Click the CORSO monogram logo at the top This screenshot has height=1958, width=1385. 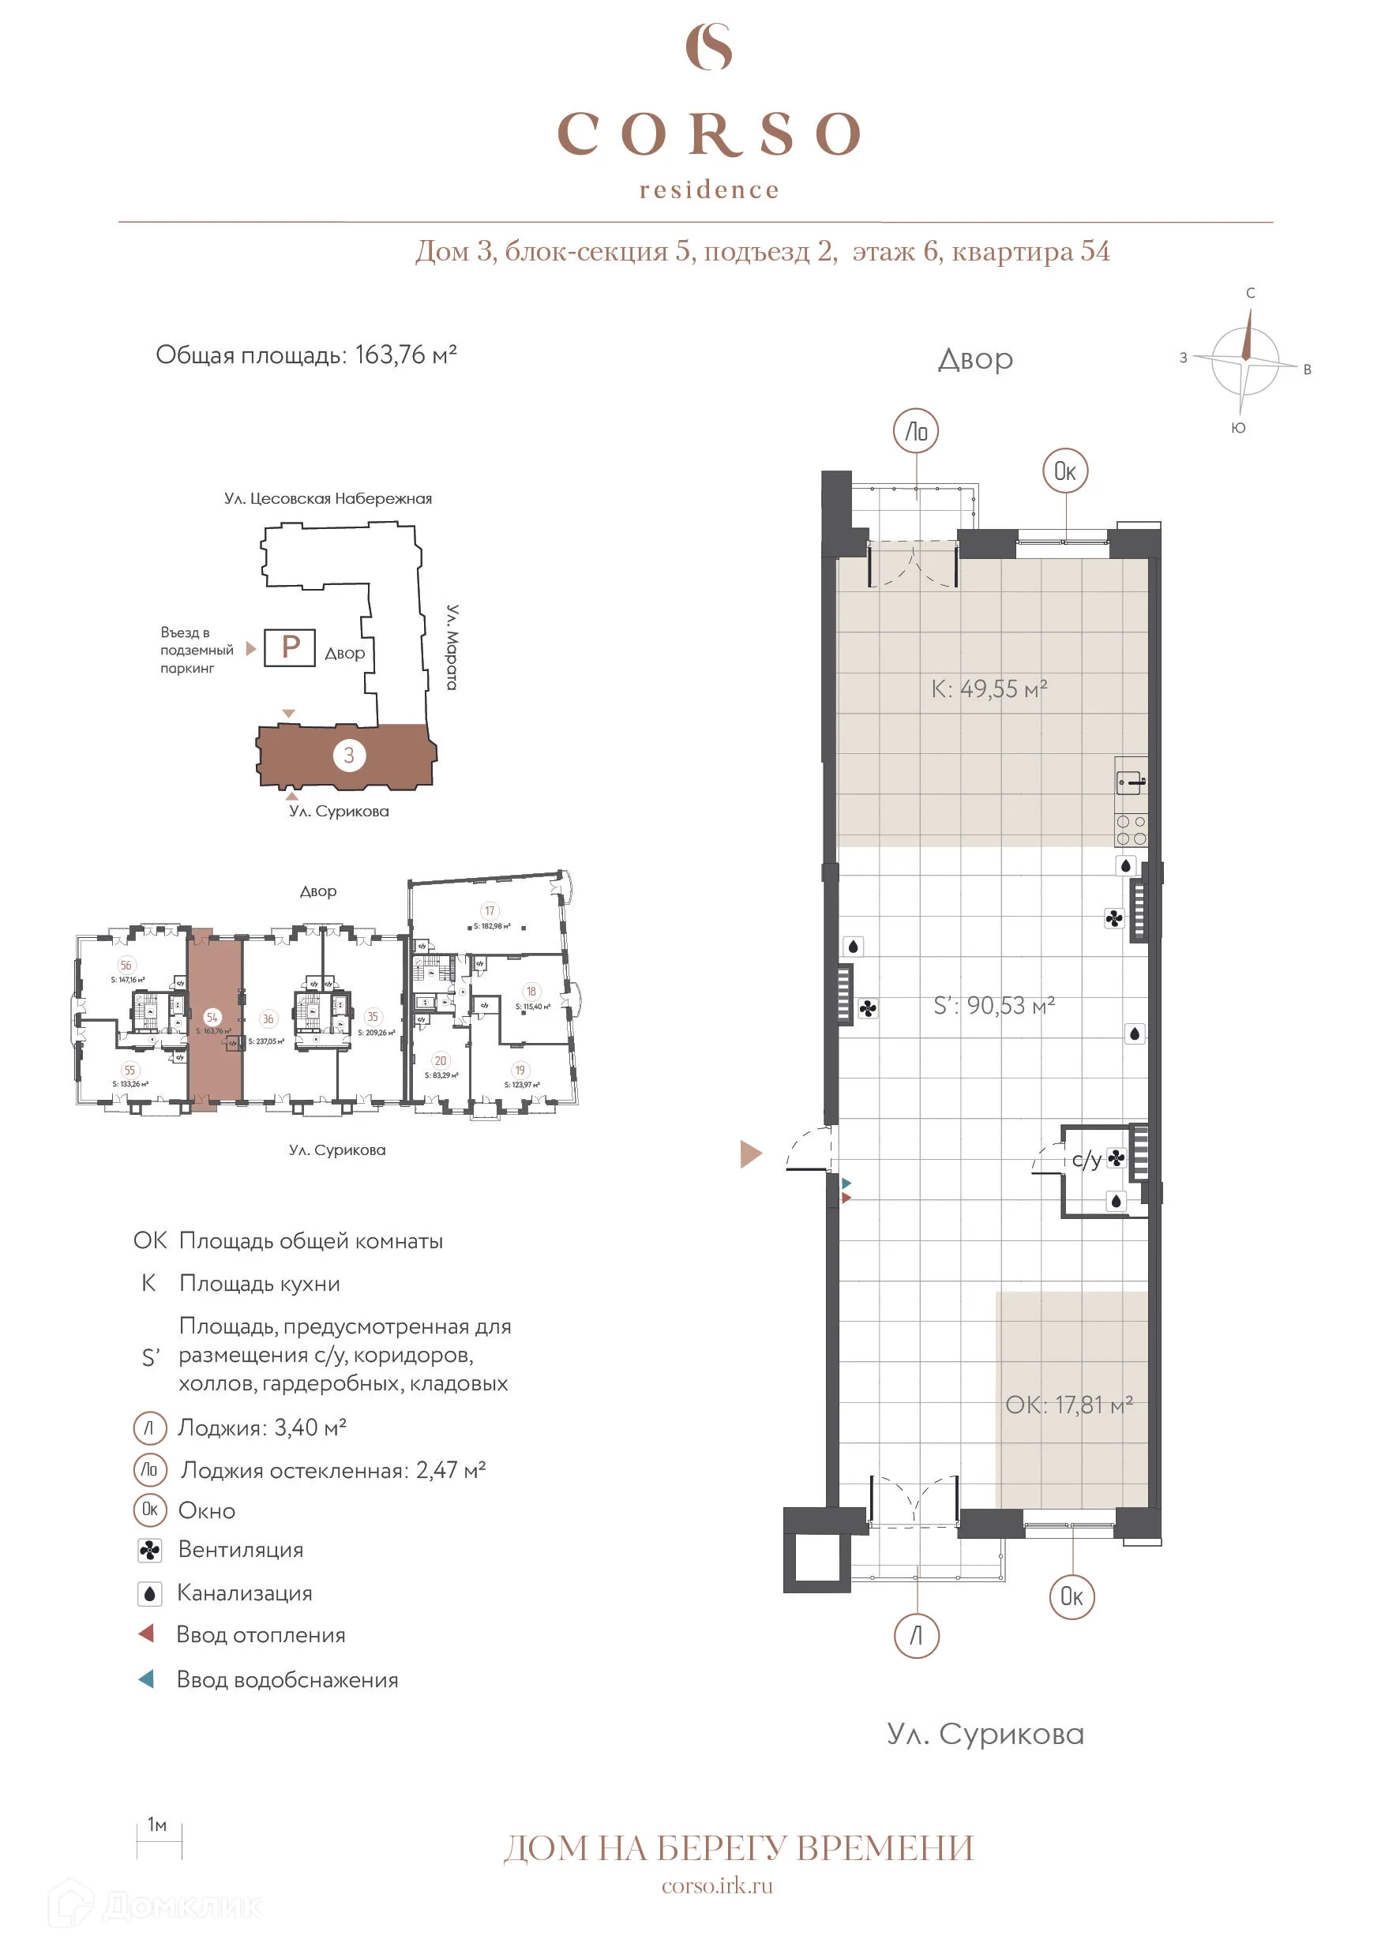tap(709, 47)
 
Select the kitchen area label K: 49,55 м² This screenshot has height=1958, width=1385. tap(989, 689)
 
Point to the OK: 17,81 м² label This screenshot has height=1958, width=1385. tap(1068, 1405)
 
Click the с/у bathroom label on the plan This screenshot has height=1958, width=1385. tap(1086, 1159)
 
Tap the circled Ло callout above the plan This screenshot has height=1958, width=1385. tap(916, 432)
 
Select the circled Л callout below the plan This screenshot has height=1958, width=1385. tap(916, 1635)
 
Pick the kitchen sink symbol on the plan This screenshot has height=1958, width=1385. tap(1131, 781)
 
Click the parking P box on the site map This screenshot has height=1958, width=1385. tap(290, 647)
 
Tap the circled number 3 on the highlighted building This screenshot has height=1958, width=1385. tap(349, 755)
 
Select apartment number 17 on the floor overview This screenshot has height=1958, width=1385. tap(490, 911)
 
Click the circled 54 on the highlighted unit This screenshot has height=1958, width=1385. tap(212, 1017)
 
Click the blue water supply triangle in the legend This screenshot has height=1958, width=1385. tap(147, 1679)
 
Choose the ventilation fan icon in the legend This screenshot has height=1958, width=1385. tap(150, 1551)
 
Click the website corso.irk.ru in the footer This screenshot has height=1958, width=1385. tap(717, 1885)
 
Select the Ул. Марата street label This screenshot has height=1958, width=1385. tap(453, 647)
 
